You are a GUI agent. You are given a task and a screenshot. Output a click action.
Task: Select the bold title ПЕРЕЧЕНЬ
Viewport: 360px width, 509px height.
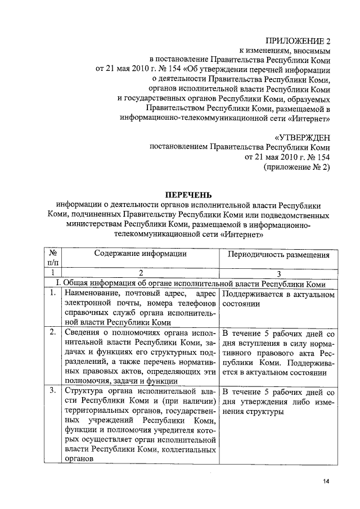[190, 195]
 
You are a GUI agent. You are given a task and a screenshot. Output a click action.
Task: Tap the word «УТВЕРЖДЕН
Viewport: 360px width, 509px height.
[302, 137]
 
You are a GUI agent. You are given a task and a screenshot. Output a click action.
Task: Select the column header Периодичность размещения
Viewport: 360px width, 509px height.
[278, 254]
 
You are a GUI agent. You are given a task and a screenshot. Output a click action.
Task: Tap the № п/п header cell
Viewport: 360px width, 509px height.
[53, 258]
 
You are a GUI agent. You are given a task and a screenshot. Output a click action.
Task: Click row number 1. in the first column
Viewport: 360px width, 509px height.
[52, 293]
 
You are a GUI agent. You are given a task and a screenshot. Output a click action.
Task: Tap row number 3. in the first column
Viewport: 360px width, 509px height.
[52, 390]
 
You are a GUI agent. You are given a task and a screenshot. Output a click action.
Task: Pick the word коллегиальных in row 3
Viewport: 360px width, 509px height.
[186, 449]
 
